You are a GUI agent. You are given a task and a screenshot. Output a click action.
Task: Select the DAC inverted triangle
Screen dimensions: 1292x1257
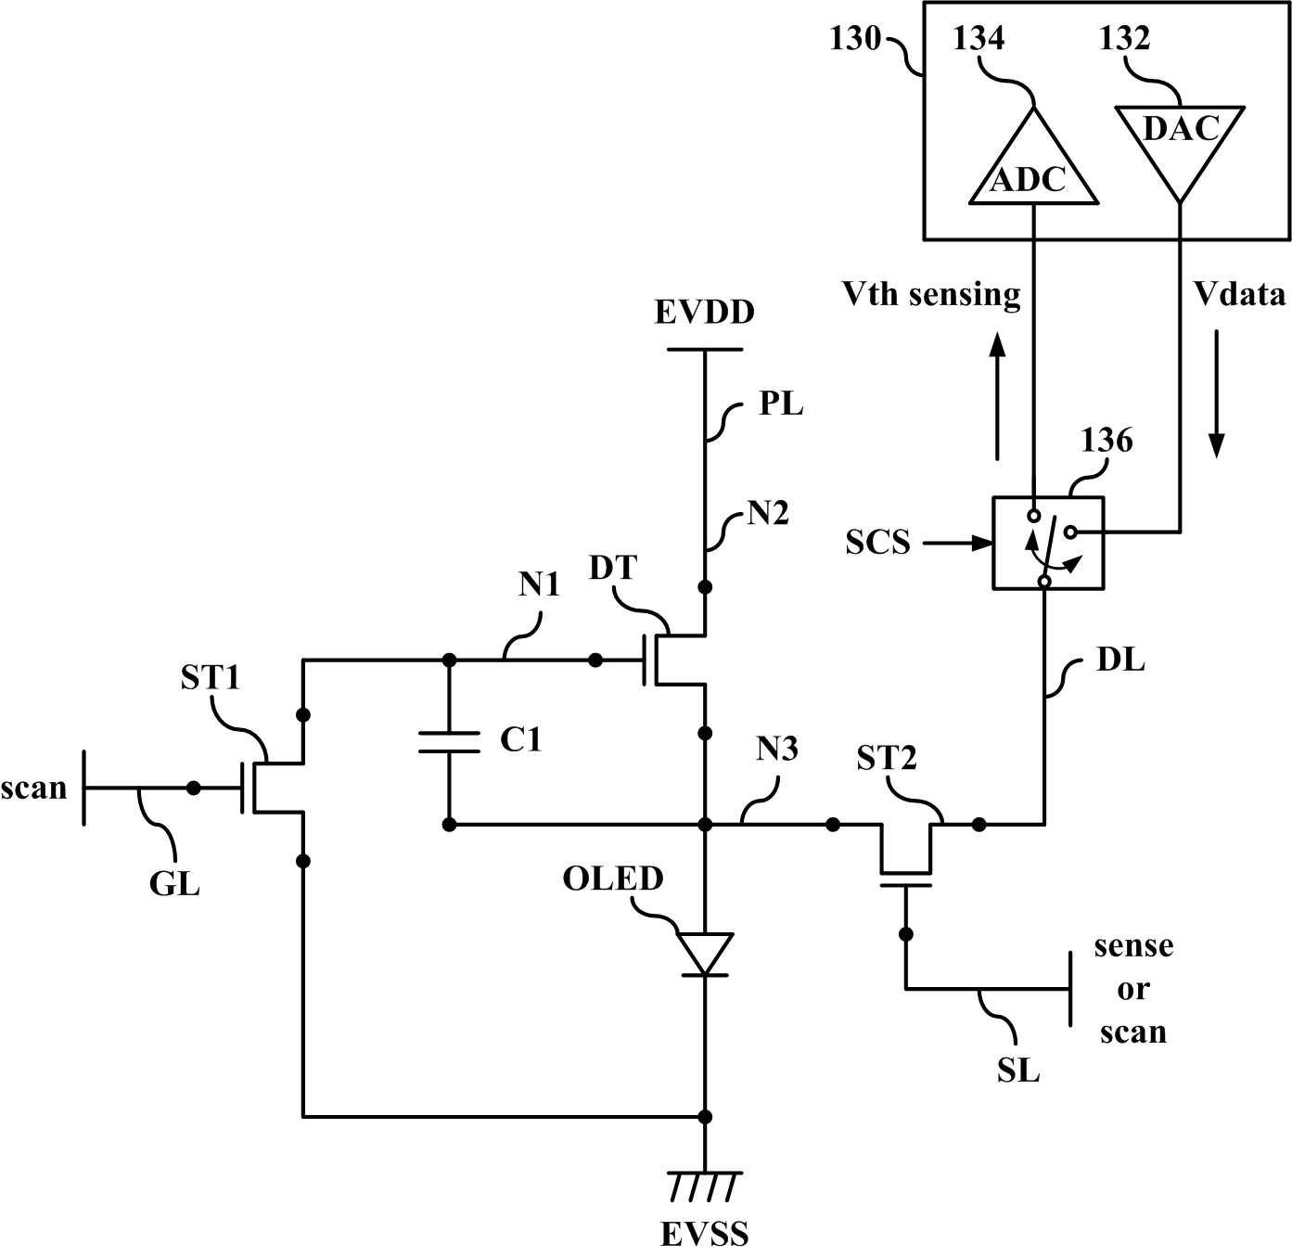(x=1179, y=146)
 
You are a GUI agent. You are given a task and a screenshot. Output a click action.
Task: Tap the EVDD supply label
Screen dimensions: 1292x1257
(x=704, y=312)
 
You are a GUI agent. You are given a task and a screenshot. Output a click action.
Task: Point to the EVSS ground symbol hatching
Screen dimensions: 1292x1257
(x=704, y=1186)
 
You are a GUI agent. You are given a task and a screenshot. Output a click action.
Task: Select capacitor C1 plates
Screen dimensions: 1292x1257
(x=449, y=742)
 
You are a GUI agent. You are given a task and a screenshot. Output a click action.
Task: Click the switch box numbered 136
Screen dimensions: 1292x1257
(x=1048, y=543)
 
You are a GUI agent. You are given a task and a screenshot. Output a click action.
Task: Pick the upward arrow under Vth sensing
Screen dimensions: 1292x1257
(x=996, y=396)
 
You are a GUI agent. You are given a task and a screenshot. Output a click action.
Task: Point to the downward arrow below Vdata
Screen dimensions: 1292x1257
(x=1216, y=393)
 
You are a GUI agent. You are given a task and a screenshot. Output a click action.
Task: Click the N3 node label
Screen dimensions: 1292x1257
(x=777, y=750)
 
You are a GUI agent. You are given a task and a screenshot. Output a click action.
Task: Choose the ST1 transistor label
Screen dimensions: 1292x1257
(x=210, y=678)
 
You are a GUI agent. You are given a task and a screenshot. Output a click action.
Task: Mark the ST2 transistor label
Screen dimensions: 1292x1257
(x=887, y=758)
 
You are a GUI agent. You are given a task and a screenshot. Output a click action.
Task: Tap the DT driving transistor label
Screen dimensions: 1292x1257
(x=613, y=568)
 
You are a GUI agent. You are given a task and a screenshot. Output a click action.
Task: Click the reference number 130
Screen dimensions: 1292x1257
(x=854, y=39)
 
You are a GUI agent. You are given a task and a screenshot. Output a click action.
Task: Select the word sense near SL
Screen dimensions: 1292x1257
(x=1133, y=945)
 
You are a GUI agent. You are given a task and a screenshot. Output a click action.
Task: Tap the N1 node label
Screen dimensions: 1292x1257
(x=539, y=584)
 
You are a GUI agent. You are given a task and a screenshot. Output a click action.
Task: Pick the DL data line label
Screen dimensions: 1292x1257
(x=1120, y=661)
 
